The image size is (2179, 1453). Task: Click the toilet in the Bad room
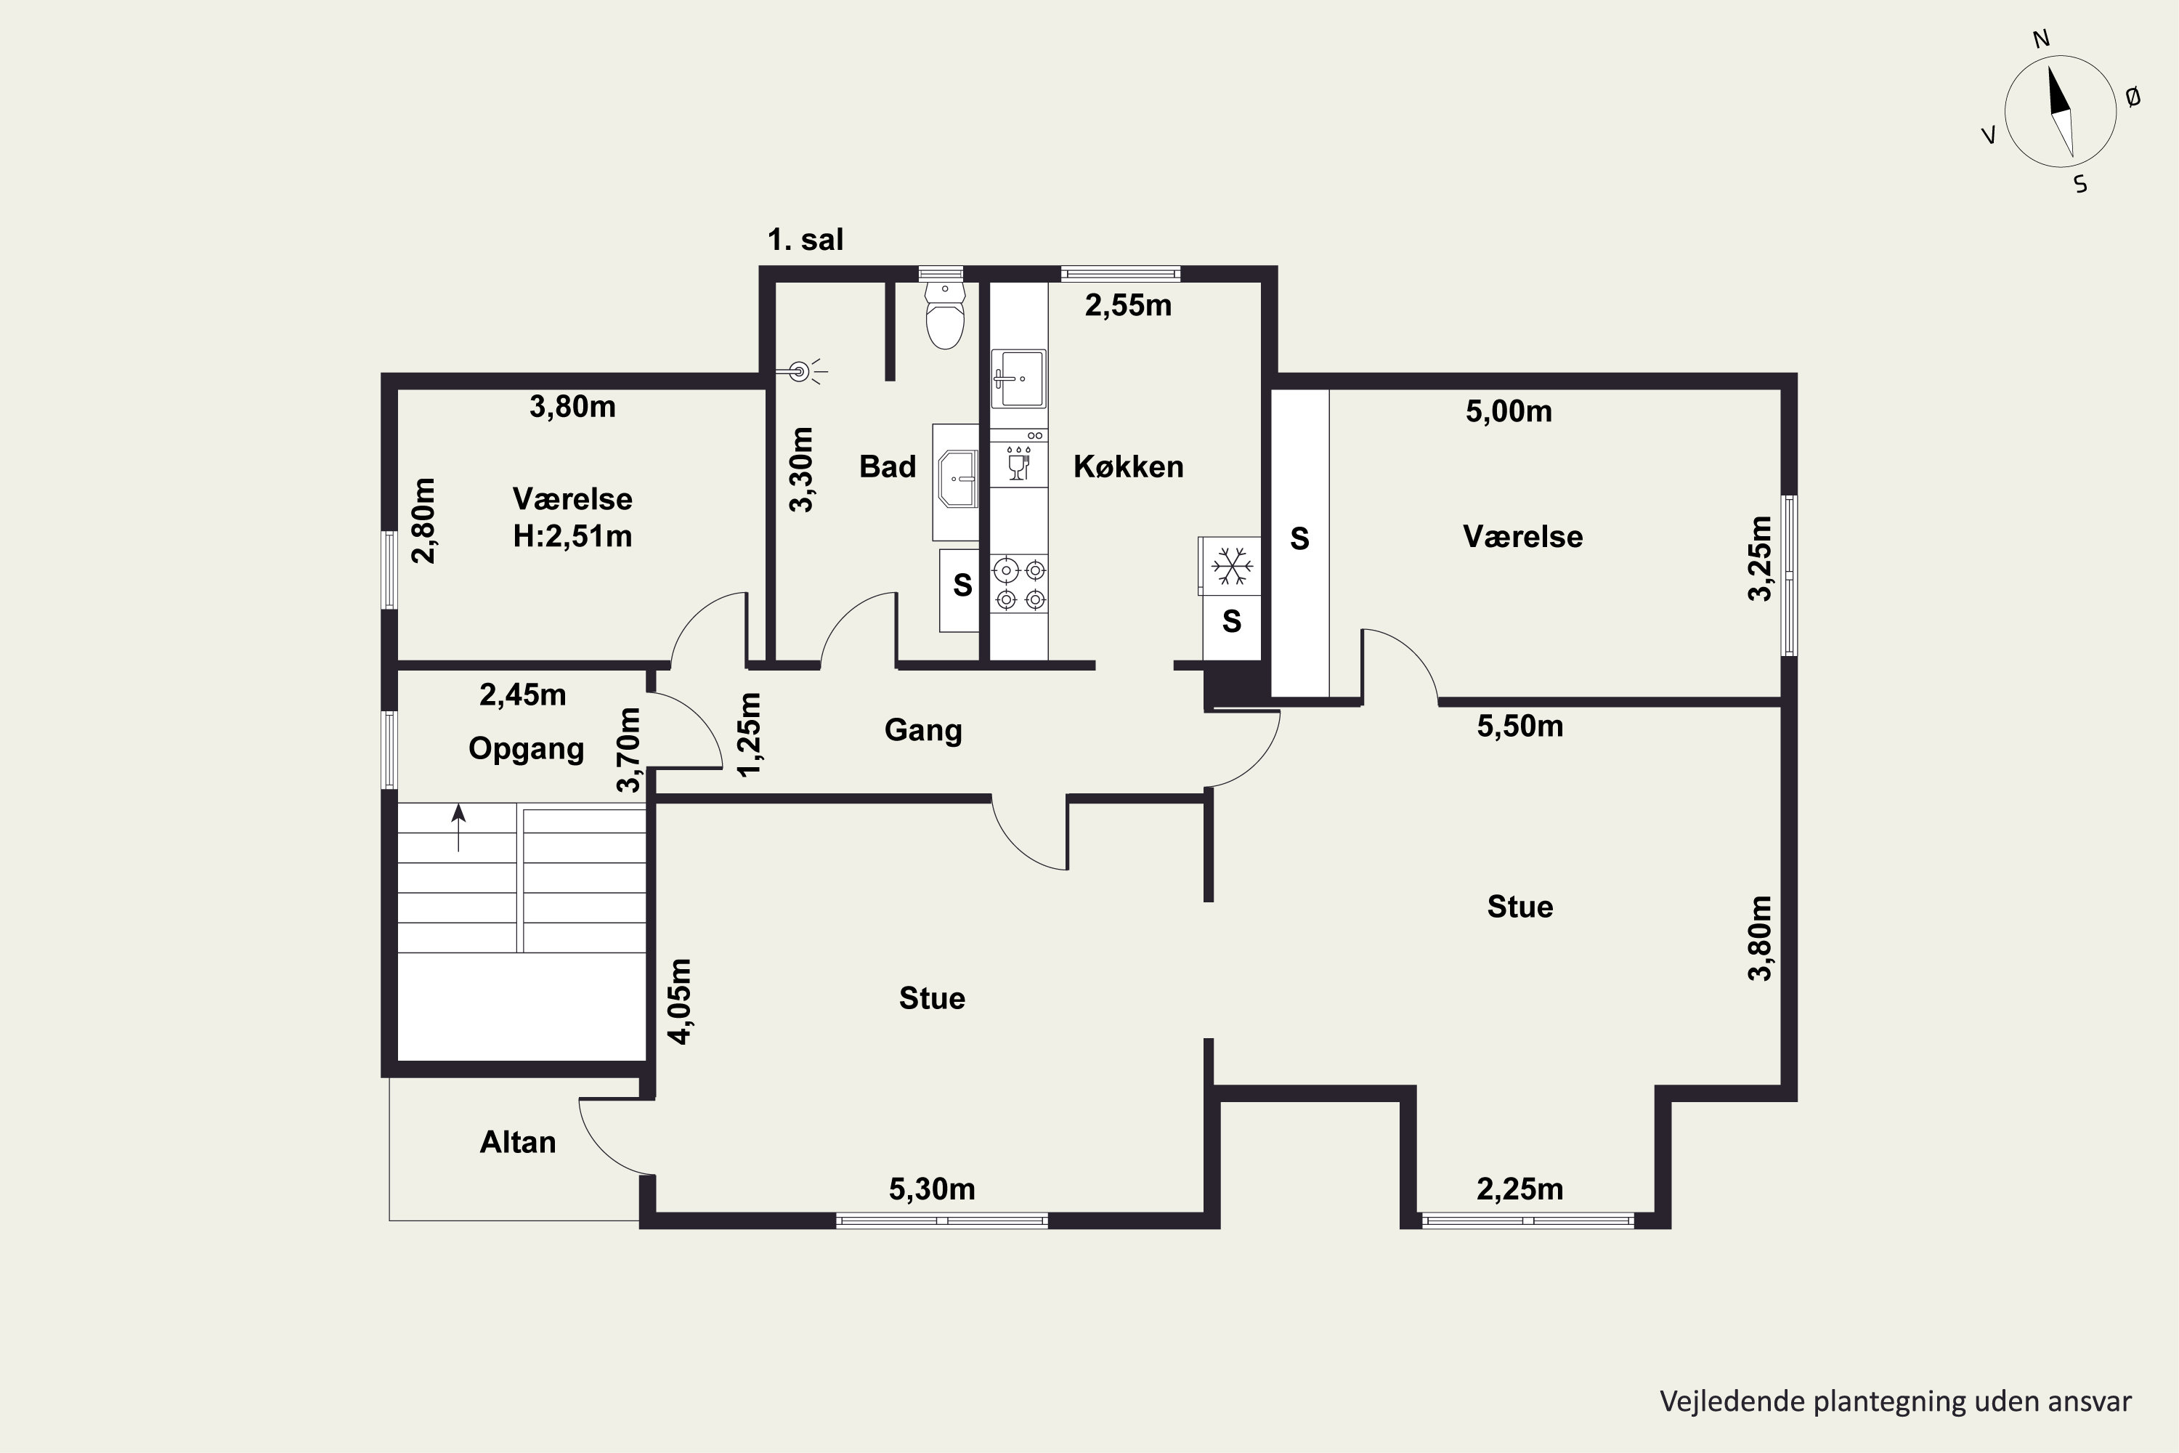[x=945, y=315]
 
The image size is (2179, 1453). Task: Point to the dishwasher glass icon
[x=1019, y=464]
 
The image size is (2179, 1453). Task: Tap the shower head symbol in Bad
[x=800, y=373]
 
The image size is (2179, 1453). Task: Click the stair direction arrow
[x=458, y=827]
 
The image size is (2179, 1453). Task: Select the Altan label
[x=518, y=1143]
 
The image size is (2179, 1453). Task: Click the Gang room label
[x=924, y=731]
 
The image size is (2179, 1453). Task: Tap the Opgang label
[x=526, y=749]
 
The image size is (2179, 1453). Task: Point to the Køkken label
[x=1129, y=466]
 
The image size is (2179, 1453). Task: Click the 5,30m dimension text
[x=932, y=1189]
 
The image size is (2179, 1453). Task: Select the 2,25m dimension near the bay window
[x=1519, y=1189]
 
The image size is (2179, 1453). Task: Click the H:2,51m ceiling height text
[x=572, y=537]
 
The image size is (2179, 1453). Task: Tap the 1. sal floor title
[x=805, y=240]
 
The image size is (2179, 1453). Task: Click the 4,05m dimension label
[x=680, y=1002]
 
